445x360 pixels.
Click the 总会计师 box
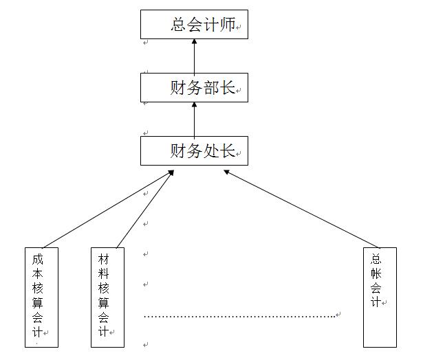pos(194,24)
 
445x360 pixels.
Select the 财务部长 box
pos(194,87)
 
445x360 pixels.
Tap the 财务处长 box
pos(194,150)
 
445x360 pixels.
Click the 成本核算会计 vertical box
pos(41,297)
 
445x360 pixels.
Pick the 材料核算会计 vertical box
pos(108,297)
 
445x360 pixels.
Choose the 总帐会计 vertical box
pos(380,297)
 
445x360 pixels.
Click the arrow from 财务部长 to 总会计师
pos(194,56)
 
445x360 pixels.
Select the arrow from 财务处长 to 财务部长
pos(194,119)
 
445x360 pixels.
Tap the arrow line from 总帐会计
pos(303,209)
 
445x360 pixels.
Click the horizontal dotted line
pos(241,317)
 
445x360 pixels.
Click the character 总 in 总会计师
pos(180,25)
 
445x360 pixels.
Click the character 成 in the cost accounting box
pos(37,260)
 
